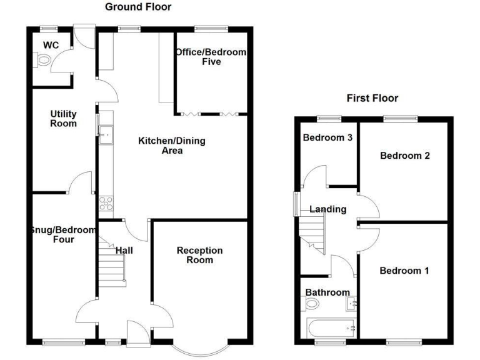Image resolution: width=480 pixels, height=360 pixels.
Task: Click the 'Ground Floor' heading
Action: [137, 7]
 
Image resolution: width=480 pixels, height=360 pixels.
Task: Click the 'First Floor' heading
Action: [372, 98]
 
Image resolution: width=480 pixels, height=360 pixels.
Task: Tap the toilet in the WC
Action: [42, 61]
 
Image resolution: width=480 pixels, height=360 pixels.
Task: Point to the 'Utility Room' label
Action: [64, 118]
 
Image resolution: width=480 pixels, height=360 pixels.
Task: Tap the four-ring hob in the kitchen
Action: [105, 204]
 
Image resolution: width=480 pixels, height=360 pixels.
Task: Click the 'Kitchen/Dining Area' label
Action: [171, 146]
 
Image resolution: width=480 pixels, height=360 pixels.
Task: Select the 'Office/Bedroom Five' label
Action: [211, 57]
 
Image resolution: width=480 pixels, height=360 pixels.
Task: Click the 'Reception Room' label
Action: [199, 255]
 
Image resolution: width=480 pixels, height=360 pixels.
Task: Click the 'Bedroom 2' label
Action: [405, 156]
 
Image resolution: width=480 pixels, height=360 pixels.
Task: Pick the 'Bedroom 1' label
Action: [404, 271]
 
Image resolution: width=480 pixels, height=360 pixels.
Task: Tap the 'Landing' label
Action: [328, 209]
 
